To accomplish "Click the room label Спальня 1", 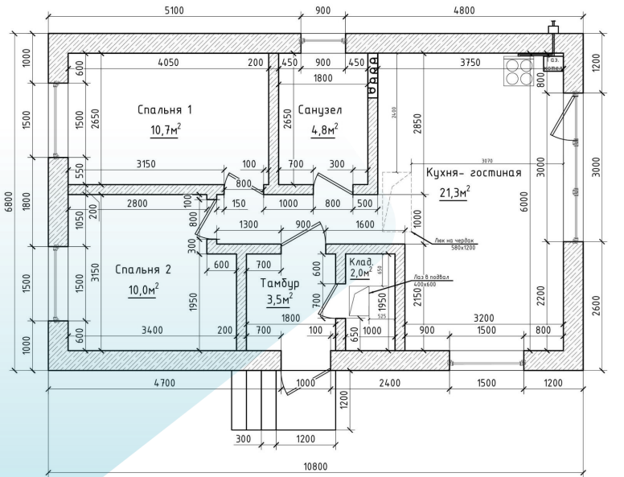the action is point(166,109).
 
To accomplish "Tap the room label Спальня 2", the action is point(143,269).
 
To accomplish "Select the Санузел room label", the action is point(320,109).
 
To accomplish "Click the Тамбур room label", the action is point(280,284).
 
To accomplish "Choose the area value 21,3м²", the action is point(454,191).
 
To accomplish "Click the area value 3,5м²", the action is point(279,301).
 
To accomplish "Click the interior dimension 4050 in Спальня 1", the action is point(167,63).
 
